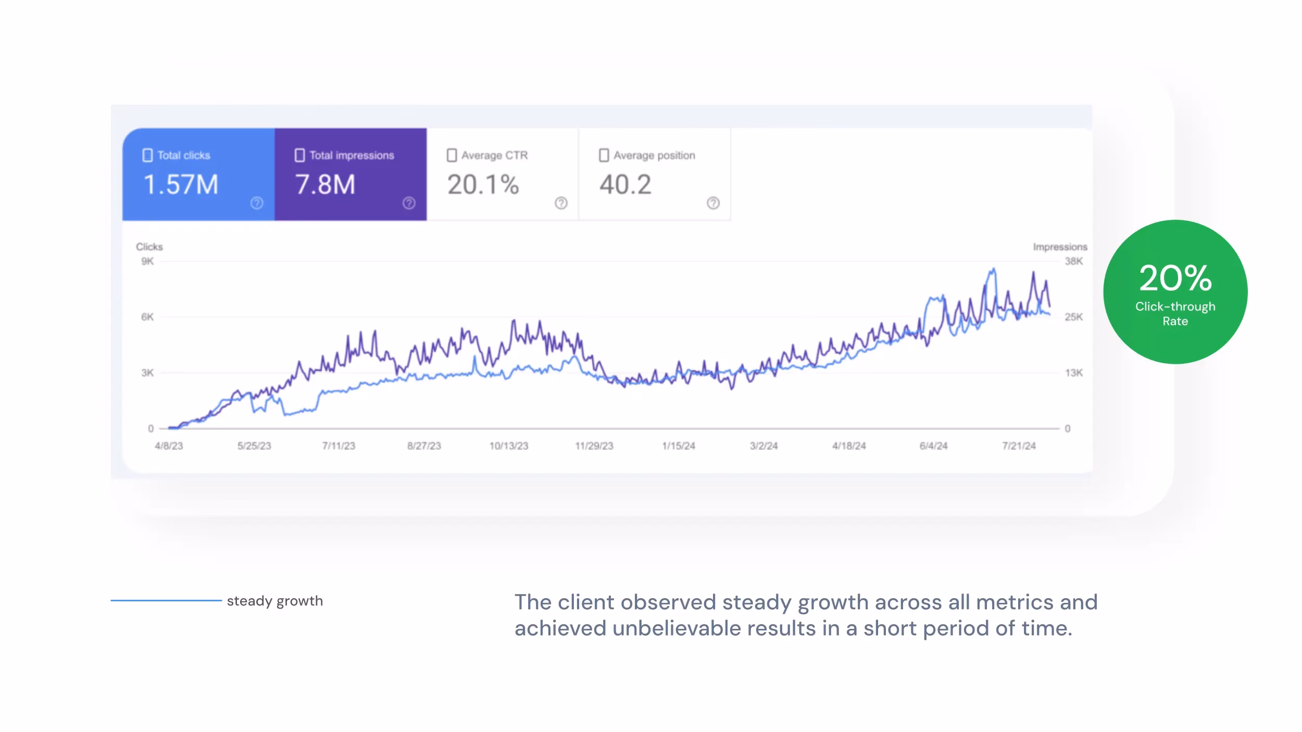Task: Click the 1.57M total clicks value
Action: pos(181,185)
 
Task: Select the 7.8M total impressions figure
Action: pos(325,185)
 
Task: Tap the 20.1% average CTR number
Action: pos(483,185)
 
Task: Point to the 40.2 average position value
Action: pos(625,185)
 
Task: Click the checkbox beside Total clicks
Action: pos(147,155)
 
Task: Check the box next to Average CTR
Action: pos(452,155)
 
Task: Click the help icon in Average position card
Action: pos(713,203)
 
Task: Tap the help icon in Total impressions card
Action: pos(409,203)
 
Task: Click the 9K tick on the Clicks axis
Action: pos(147,261)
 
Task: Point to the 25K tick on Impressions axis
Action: pos(1073,317)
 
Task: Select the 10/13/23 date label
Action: pos(508,446)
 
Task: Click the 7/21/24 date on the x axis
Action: pos(1019,446)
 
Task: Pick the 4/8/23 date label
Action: pos(169,446)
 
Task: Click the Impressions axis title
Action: pos(1060,247)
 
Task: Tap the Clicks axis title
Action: pos(149,247)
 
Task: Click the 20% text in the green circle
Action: pos(1175,279)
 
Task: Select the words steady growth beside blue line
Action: pos(274,601)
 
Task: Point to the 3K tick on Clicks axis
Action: pos(147,373)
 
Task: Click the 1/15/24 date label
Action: pos(678,446)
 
